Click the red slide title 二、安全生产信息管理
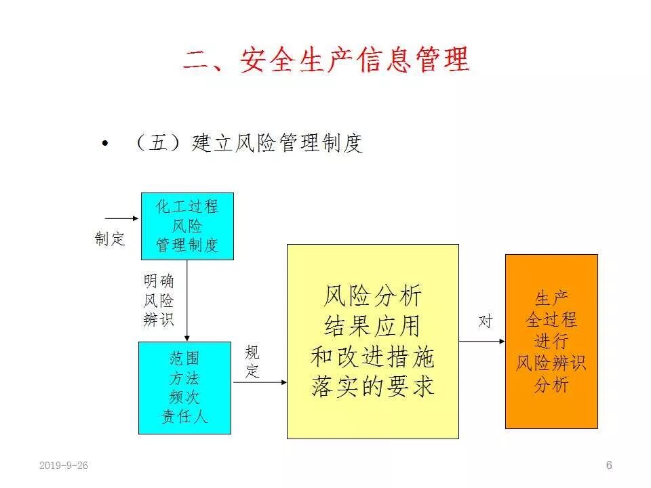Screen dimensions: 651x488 coord(325,60)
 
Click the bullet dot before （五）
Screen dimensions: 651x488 coord(104,144)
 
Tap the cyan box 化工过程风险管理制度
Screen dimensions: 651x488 coord(187,226)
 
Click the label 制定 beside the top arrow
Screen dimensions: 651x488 coord(110,239)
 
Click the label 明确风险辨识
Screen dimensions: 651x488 coord(159,300)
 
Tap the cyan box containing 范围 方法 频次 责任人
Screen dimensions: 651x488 coord(184,388)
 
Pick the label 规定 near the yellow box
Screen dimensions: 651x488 coord(252,362)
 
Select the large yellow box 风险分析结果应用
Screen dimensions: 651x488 coord(372,342)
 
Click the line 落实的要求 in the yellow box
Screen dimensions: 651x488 coord(372,387)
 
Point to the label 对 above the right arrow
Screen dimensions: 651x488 coord(485,321)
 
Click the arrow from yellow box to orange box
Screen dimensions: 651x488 coord(482,341)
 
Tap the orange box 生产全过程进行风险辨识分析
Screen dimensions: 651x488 coord(551,341)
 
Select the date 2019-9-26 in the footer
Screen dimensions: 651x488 coord(64,466)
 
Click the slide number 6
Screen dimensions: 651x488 coord(609,465)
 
